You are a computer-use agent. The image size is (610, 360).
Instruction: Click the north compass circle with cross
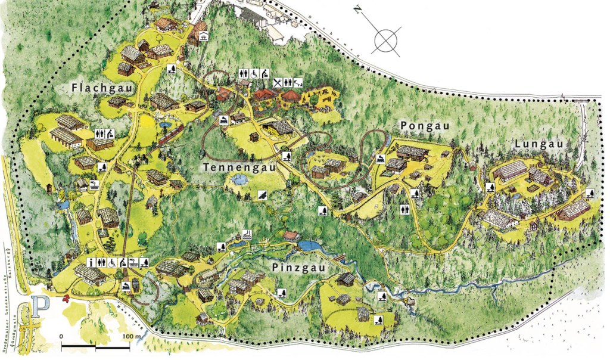(387, 40)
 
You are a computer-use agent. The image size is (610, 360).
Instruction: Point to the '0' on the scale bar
(62, 337)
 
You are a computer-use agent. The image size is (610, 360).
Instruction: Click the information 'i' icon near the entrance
(89, 262)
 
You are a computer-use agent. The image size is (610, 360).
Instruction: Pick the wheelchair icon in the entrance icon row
(111, 262)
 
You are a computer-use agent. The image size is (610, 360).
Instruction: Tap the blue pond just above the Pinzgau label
(310, 246)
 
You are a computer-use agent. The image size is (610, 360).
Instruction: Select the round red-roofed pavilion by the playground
(290, 95)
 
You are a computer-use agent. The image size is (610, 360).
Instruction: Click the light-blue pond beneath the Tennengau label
(239, 179)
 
